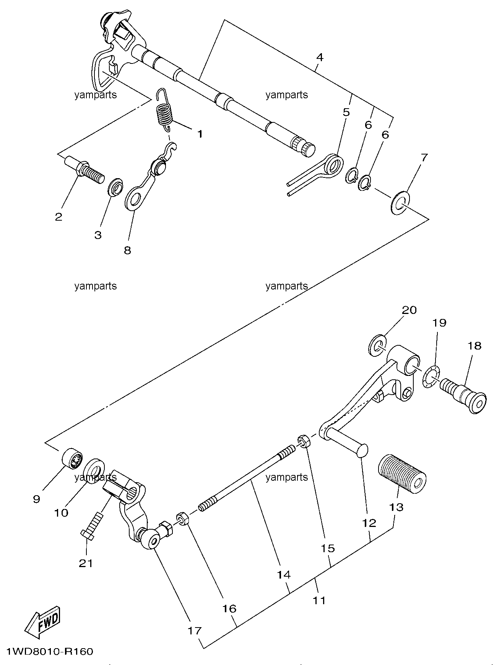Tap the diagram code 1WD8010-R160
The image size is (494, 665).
pos(49,652)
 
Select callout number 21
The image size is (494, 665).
pos(86,563)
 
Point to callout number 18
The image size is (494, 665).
pos(474,346)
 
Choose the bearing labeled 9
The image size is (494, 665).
pos(72,458)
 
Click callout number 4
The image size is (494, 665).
pos(320,58)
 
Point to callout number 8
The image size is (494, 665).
pos(127,250)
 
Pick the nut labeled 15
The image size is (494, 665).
pos(304,441)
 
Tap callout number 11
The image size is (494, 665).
pos(320,600)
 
